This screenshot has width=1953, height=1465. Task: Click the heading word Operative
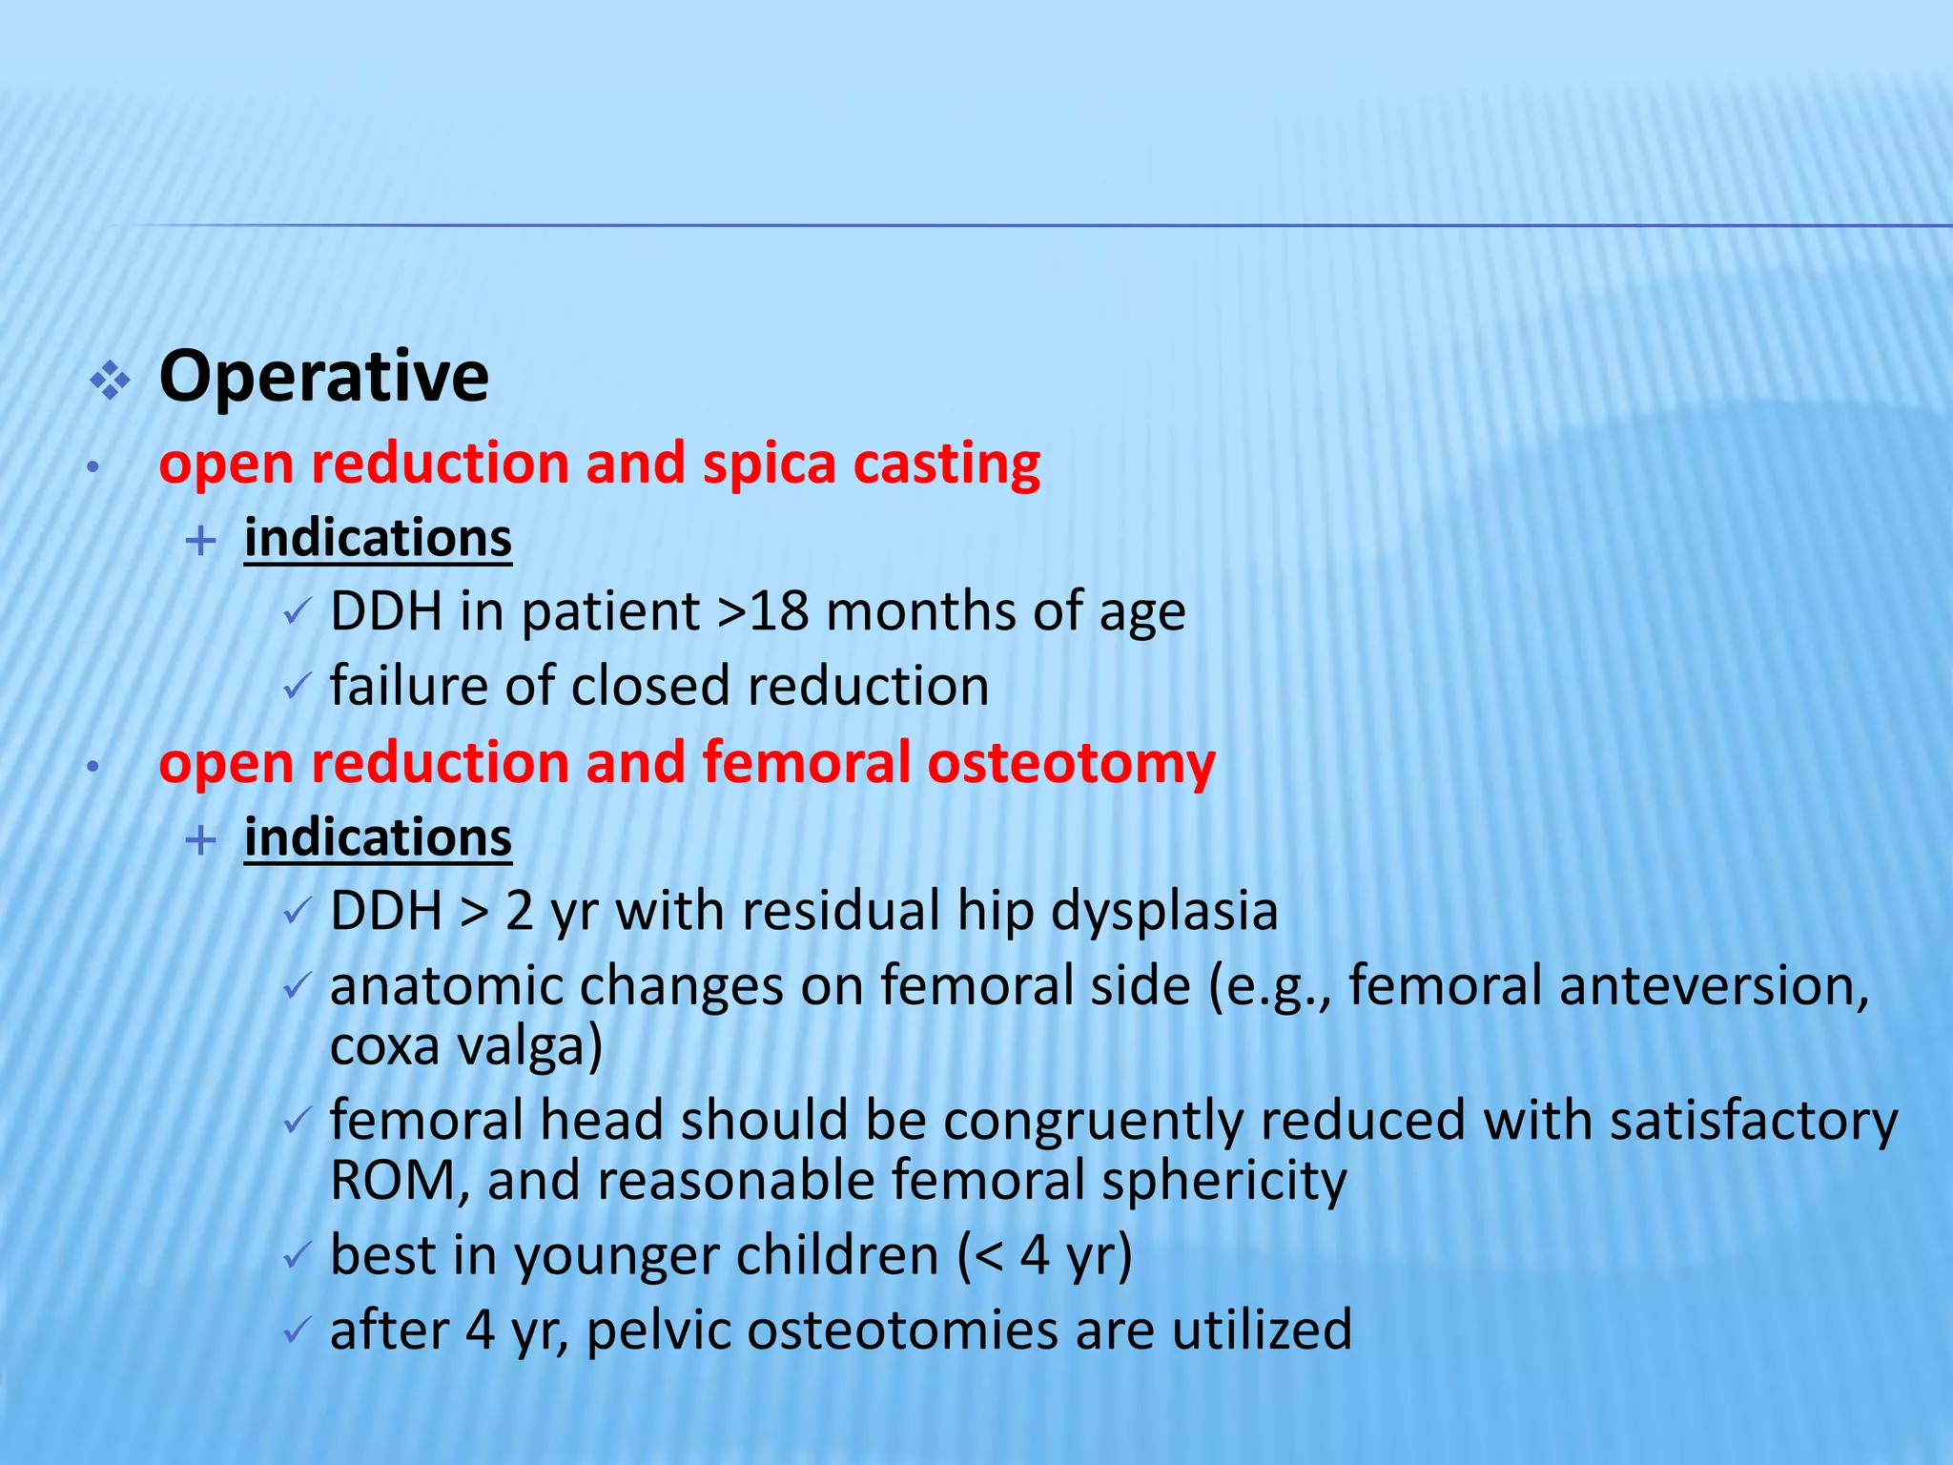323,378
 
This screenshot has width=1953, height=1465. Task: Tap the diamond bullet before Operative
110,382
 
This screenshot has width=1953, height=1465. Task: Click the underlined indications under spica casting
378,539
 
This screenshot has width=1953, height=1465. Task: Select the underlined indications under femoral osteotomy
378,838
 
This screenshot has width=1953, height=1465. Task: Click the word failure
408,686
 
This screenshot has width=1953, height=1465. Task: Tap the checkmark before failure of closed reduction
297,686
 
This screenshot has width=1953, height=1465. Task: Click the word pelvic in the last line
658,1331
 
